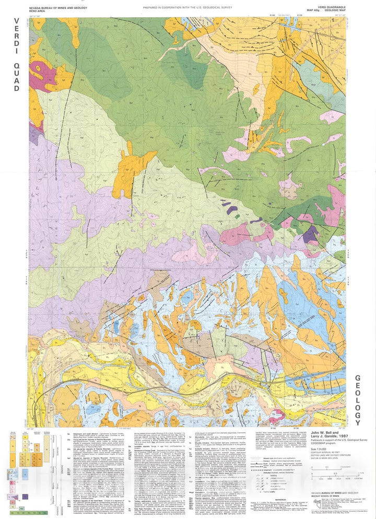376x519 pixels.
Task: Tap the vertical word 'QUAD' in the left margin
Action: click(x=16, y=77)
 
